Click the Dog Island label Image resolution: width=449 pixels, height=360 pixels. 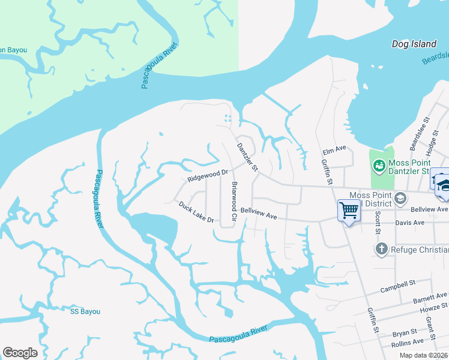(x=414, y=44)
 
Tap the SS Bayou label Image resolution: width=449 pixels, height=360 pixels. (x=85, y=311)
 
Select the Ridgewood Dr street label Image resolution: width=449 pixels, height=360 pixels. (x=208, y=175)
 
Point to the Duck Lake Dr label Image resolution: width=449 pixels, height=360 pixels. (x=196, y=212)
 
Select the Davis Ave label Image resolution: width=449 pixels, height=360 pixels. (x=410, y=222)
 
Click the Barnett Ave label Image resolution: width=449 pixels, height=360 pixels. (x=430, y=297)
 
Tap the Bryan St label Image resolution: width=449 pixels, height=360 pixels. (x=405, y=332)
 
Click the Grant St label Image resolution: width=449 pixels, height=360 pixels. (x=430, y=325)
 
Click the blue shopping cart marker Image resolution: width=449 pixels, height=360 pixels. (x=349, y=210)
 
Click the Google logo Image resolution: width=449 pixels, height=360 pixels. (x=20, y=353)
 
